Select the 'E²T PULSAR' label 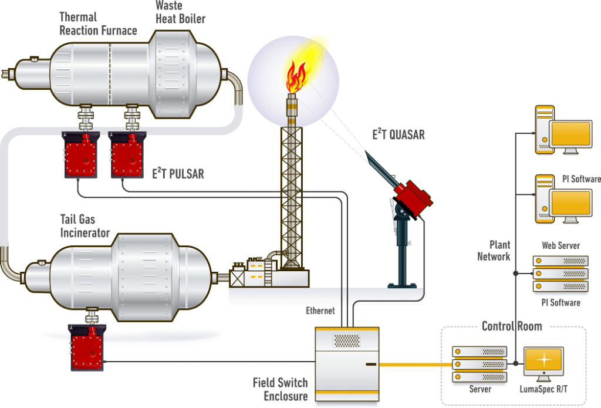pyautogui.click(x=178, y=174)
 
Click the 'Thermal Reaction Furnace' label pyautogui.click(x=98, y=24)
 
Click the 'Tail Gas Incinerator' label pyautogui.click(x=85, y=226)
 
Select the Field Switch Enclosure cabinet pyautogui.click(x=347, y=364)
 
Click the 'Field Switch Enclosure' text pyautogui.click(x=281, y=389)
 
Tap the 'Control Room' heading pyautogui.click(x=512, y=326)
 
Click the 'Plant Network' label pyautogui.click(x=494, y=251)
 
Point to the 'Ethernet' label pyautogui.click(x=320, y=311)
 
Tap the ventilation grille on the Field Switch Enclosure pyautogui.click(x=346, y=340)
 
